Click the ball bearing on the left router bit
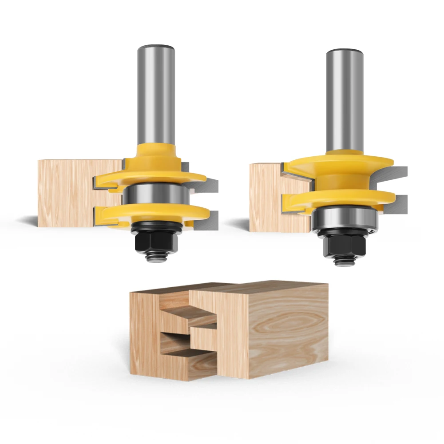(x=154, y=195)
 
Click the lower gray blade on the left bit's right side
(x=212, y=220)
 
